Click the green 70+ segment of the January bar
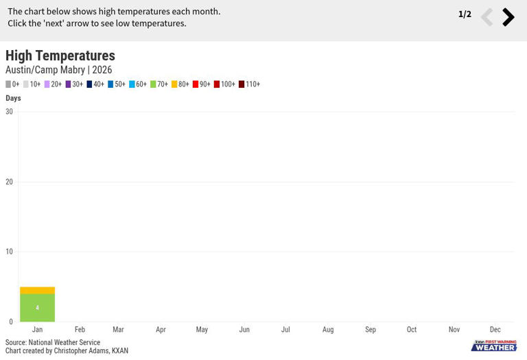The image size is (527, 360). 37,308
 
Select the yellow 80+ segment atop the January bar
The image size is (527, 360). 37,291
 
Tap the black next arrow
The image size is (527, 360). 508,16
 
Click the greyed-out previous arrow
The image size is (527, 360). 487,16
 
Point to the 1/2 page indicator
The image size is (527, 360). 465,14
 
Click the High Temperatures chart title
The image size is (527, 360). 60,56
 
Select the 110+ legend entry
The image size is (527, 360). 249,84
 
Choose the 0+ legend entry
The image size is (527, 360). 12,84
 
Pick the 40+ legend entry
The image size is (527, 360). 95,84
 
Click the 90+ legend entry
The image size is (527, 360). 202,84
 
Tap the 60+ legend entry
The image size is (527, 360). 138,84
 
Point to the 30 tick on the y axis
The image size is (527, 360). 9,112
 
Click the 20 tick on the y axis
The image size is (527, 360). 9,182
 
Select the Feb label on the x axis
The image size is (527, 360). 80,329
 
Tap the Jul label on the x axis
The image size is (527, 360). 285,329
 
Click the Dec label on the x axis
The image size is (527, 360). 495,329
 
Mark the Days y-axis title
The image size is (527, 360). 13,98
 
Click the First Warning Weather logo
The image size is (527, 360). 494,346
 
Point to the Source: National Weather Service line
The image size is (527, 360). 53,342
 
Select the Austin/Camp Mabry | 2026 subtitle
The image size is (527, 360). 59,70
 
